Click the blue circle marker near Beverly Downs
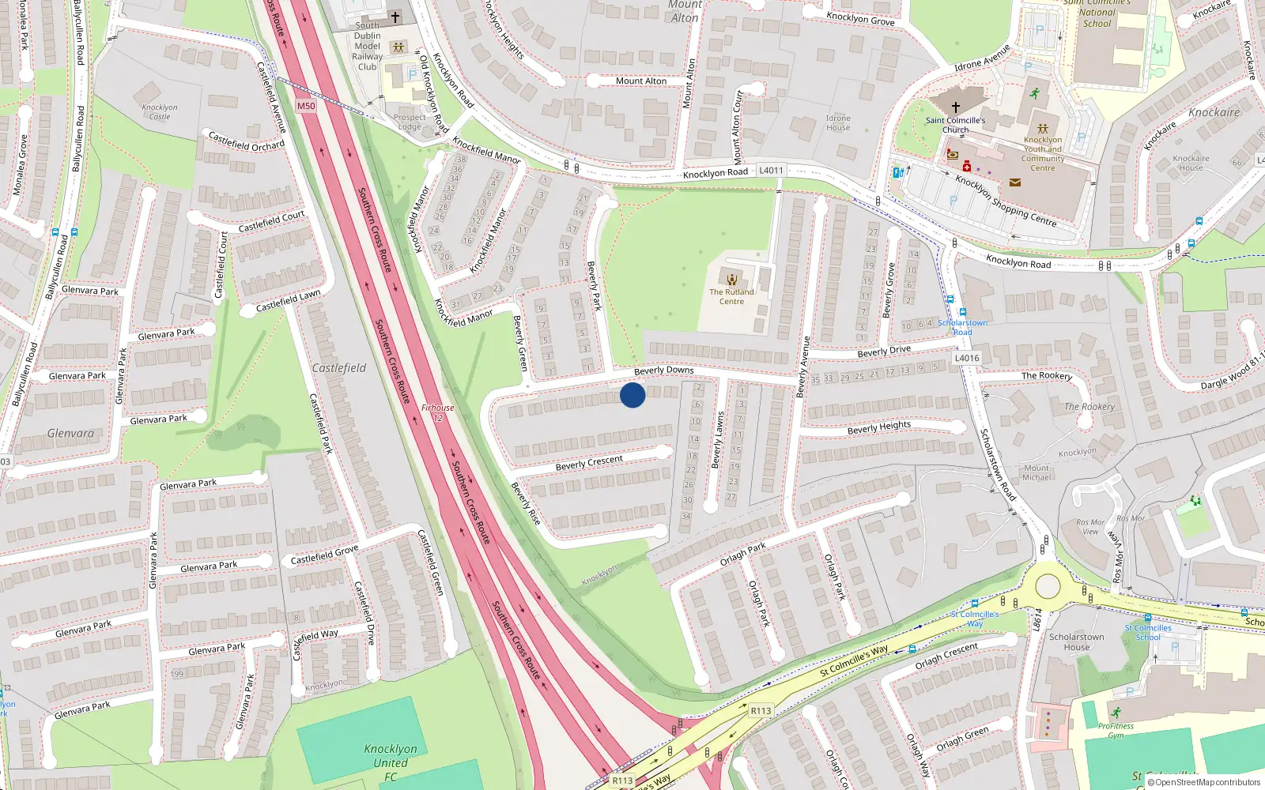coord(632,395)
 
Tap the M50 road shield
coord(306,106)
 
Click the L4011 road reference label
coord(771,170)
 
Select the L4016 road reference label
coord(966,358)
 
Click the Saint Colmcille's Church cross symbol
coord(955,107)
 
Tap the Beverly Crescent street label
coord(589,463)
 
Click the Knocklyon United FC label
coord(391,762)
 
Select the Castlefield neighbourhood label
coord(338,368)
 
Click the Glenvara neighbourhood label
coord(70,433)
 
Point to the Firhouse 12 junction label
coord(437,412)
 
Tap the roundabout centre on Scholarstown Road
coord(1048,587)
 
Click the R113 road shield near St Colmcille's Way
coord(761,710)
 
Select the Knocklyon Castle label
coord(160,111)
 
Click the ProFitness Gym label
coord(1116,730)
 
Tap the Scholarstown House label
coord(1076,641)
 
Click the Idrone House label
coord(838,122)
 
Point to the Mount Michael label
coord(1037,472)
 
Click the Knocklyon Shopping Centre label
coord(1006,201)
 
